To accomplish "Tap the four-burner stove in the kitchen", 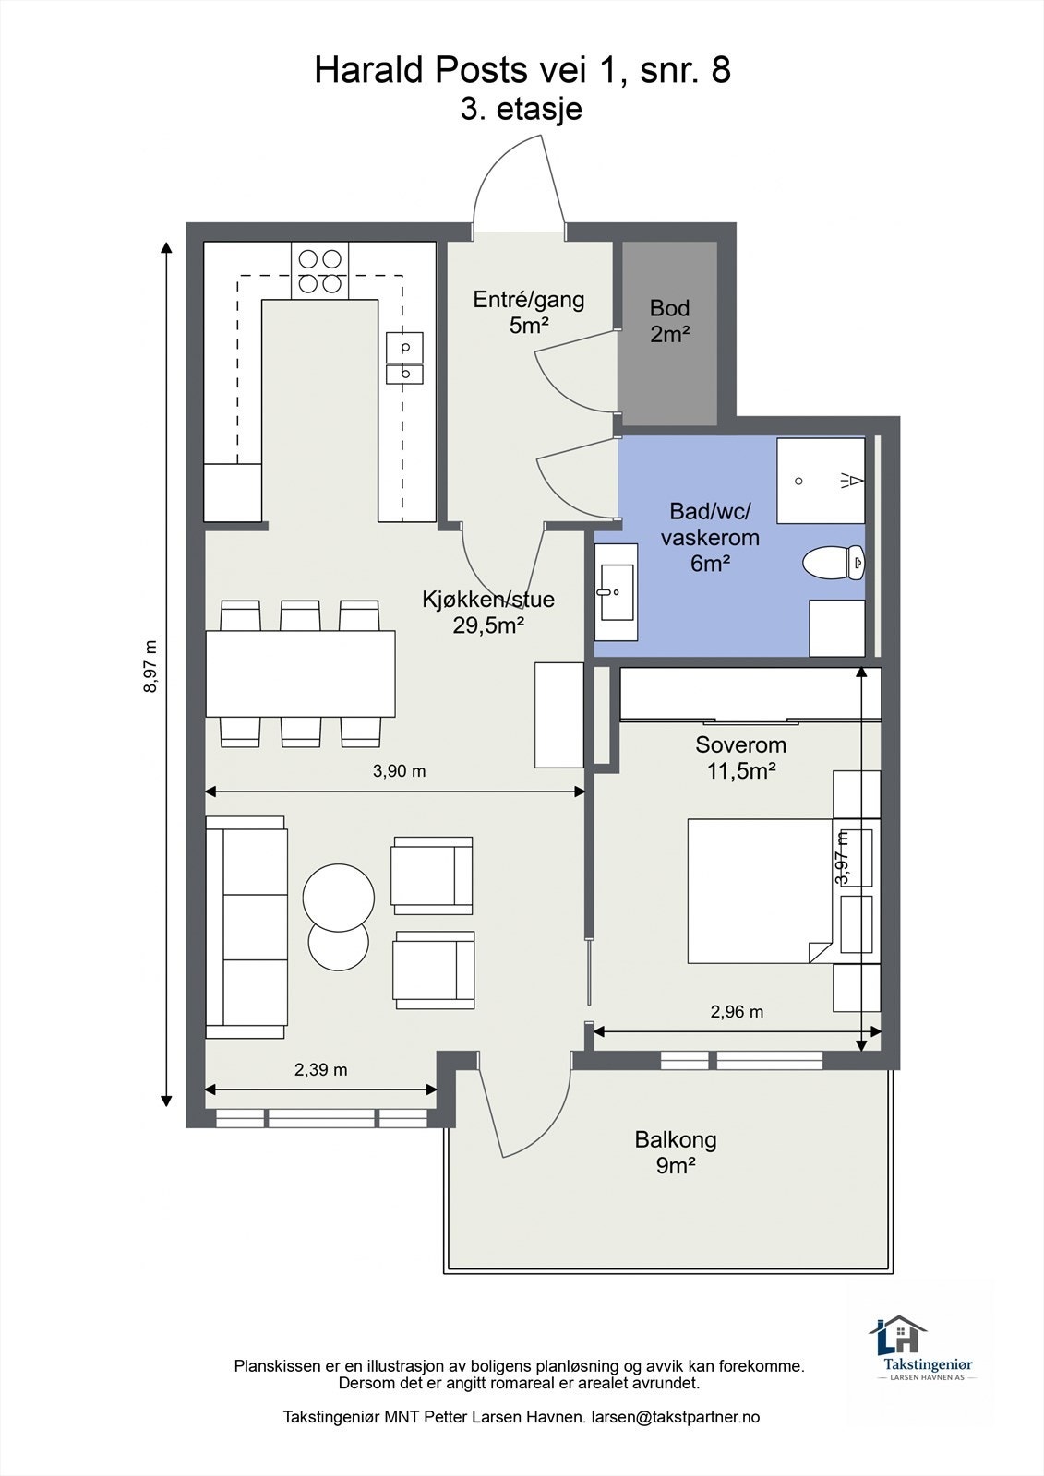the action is click(x=320, y=270).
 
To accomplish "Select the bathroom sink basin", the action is click(x=617, y=591).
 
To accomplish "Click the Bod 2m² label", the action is click(x=670, y=321).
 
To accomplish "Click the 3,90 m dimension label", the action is click(x=400, y=770).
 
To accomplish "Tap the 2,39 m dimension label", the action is click(x=320, y=1069).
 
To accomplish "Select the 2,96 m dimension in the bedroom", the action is click(x=737, y=1011).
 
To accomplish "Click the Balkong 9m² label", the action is click(x=676, y=1152).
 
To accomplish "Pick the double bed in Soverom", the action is click(x=761, y=891).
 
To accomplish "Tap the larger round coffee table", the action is click(x=339, y=897).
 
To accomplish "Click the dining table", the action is click(x=301, y=673).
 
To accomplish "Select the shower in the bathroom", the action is click(x=821, y=480).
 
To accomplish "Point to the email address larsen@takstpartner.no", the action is click(x=676, y=1417).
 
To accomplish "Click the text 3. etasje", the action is click(x=521, y=110).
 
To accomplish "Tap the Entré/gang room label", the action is click(x=529, y=313).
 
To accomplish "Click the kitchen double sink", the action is click(x=404, y=358).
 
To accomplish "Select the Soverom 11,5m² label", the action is click(x=740, y=757).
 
